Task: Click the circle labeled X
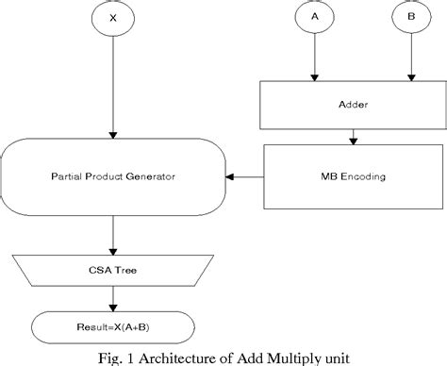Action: click(x=113, y=17)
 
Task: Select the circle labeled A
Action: click(x=313, y=17)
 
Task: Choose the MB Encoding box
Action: click(x=351, y=175)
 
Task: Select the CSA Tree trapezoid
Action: click(x=113, y=269)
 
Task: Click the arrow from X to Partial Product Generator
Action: click(x=113, y=85)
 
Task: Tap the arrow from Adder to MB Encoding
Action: click(x=351, y=137)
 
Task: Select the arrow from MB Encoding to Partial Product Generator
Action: click(x=247, y=175)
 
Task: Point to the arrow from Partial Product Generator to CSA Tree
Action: click(x=113, y=233)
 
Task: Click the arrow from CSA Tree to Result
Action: click(x=113, y=297)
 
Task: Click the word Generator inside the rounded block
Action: click(x=151, y=175)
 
